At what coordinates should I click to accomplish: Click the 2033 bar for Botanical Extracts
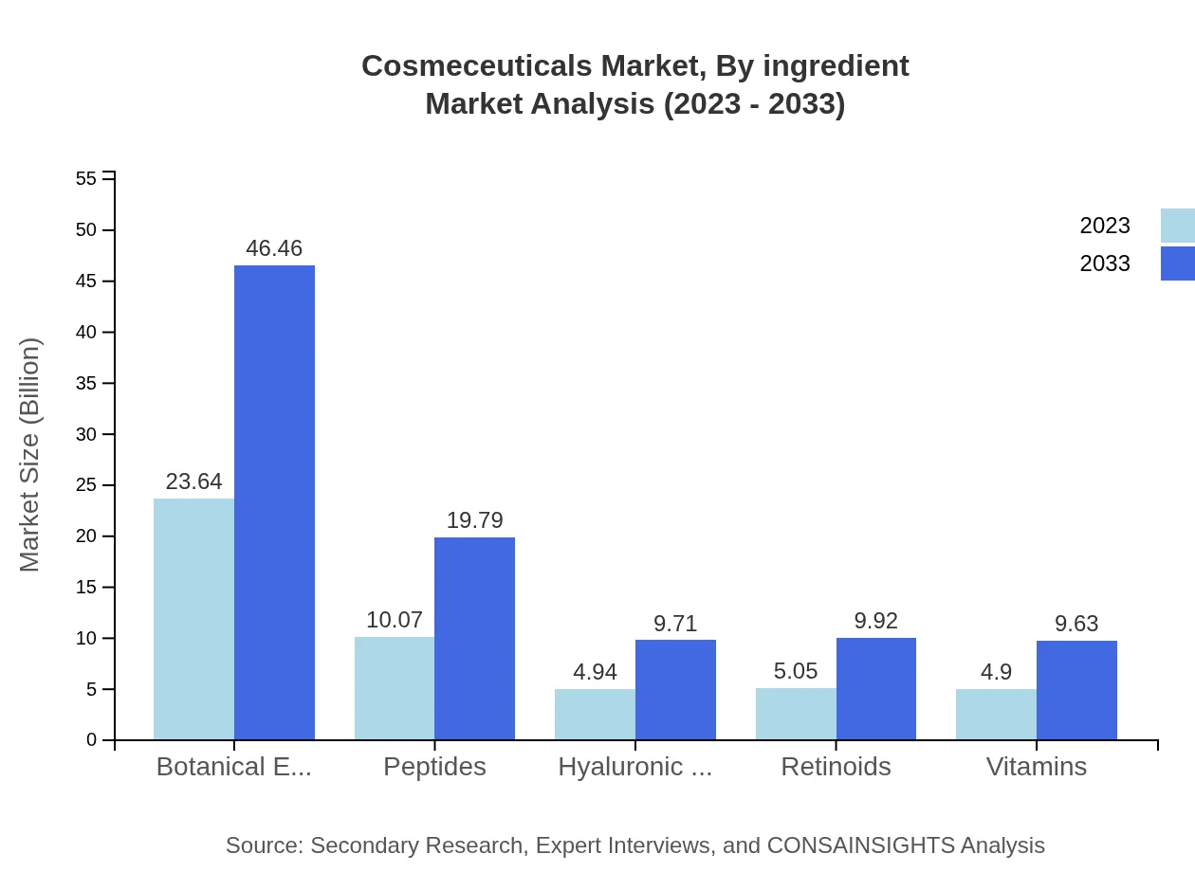tap(274, 502)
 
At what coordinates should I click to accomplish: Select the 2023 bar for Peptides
tap(395, 688)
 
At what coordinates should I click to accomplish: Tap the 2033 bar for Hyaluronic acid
tap(675, 690)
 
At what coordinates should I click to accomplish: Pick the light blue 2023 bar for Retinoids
tap(796, 714)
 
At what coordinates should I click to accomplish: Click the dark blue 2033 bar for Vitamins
tap(1076, 690)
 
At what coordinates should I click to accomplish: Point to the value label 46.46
tap(274, 248)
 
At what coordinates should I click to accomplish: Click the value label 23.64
tap(193, 481)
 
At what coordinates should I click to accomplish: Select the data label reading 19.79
tap(474, 520)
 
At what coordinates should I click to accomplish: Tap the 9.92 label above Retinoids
tap(875, 621)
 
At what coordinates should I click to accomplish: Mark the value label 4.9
tap(996, 672)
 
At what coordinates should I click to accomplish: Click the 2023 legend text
tap(1105, 226)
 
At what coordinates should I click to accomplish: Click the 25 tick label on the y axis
tap(86, 485)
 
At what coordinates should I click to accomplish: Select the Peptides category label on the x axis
tap(434, 767)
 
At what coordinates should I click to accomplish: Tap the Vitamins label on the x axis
tap(1036, 767)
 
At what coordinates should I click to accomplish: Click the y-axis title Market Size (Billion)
tap(30, 455)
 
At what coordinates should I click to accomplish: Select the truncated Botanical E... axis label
tap(233, 767)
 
